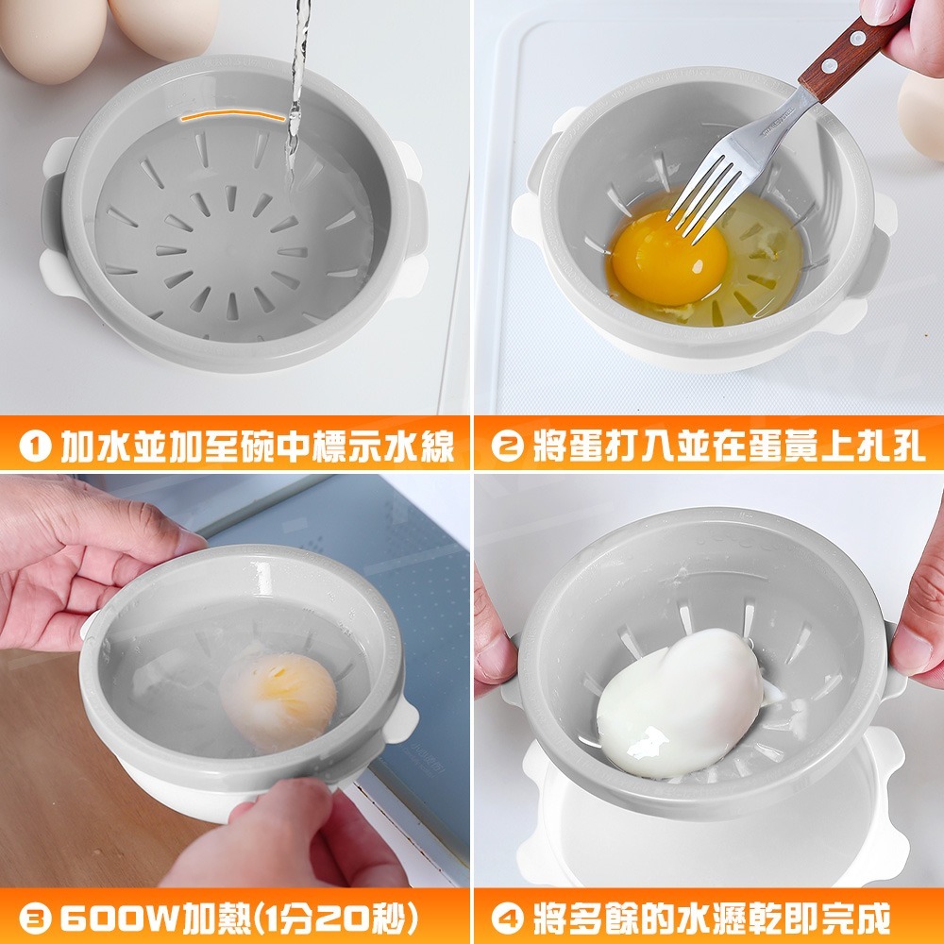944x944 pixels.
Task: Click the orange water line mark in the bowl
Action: [x=232, y=114]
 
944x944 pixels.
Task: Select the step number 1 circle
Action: [x=35, y=447]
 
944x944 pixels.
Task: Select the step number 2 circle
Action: [x=507, y=447]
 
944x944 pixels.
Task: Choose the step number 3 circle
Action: [x=35, y=919]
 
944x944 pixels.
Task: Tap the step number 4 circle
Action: [x=507, y=919]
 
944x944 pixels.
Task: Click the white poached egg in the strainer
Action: [x=679, y=703]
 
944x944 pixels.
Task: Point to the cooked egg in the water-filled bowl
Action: [x=278, y=700]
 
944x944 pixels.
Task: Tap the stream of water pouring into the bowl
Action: [x=296, y=91]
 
